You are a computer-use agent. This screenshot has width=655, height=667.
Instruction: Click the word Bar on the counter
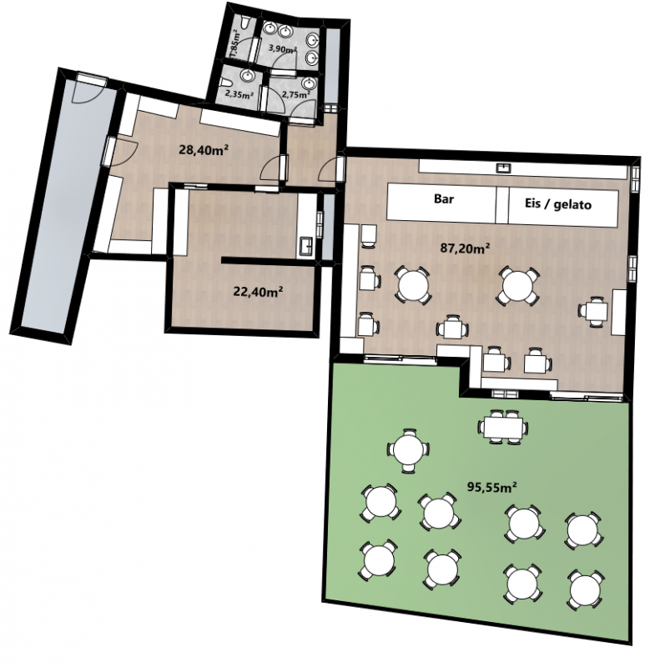pyautogui.click(x=443, y=198)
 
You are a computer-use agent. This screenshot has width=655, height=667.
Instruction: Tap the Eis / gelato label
pyautogui.click(x=558, y=204)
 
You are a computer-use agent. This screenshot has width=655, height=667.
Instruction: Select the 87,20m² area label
pyautogui.click(x=465, y=248)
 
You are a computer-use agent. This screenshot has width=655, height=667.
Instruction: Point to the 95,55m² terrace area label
pyautogui.click(x=492, y=487)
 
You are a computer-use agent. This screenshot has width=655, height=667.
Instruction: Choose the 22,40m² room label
pyautogui.click(x=259, y=291)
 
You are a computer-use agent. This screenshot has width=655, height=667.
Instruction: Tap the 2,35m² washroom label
pyautogui.click(x=239, y=94)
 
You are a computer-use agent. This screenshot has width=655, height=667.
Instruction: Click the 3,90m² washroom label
pyautogui.click(x=282, y=49)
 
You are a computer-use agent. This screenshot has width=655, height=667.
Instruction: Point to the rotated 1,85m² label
pyautogui.click(x=234, y=46)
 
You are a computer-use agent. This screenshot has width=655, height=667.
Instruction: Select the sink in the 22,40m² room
pyautogui.click(x=306, y=246)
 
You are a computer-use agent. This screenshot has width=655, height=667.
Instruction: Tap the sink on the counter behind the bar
pyautogui.click(x=504, y=167)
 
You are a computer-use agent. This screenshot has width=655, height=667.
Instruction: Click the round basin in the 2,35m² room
pyautogui.click(x=246, y=76)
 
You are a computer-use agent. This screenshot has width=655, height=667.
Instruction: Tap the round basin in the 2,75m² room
pyautogui.click(x=308, y=83)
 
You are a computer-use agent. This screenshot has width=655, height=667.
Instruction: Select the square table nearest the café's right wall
pyautogui.click(x=596, y=312)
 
